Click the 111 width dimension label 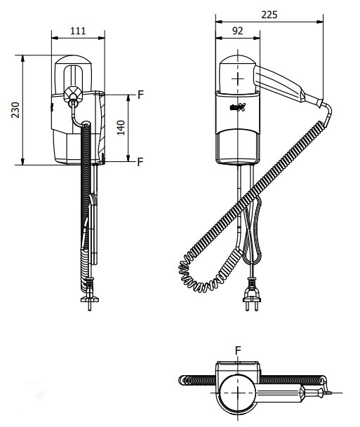[78, 31]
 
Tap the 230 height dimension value [15, 110]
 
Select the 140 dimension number [121, 128]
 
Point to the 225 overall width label [269, 15]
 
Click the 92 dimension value [238, 31]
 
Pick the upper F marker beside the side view [140, 95]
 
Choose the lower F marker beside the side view [140, 162]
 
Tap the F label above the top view [238, 351]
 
